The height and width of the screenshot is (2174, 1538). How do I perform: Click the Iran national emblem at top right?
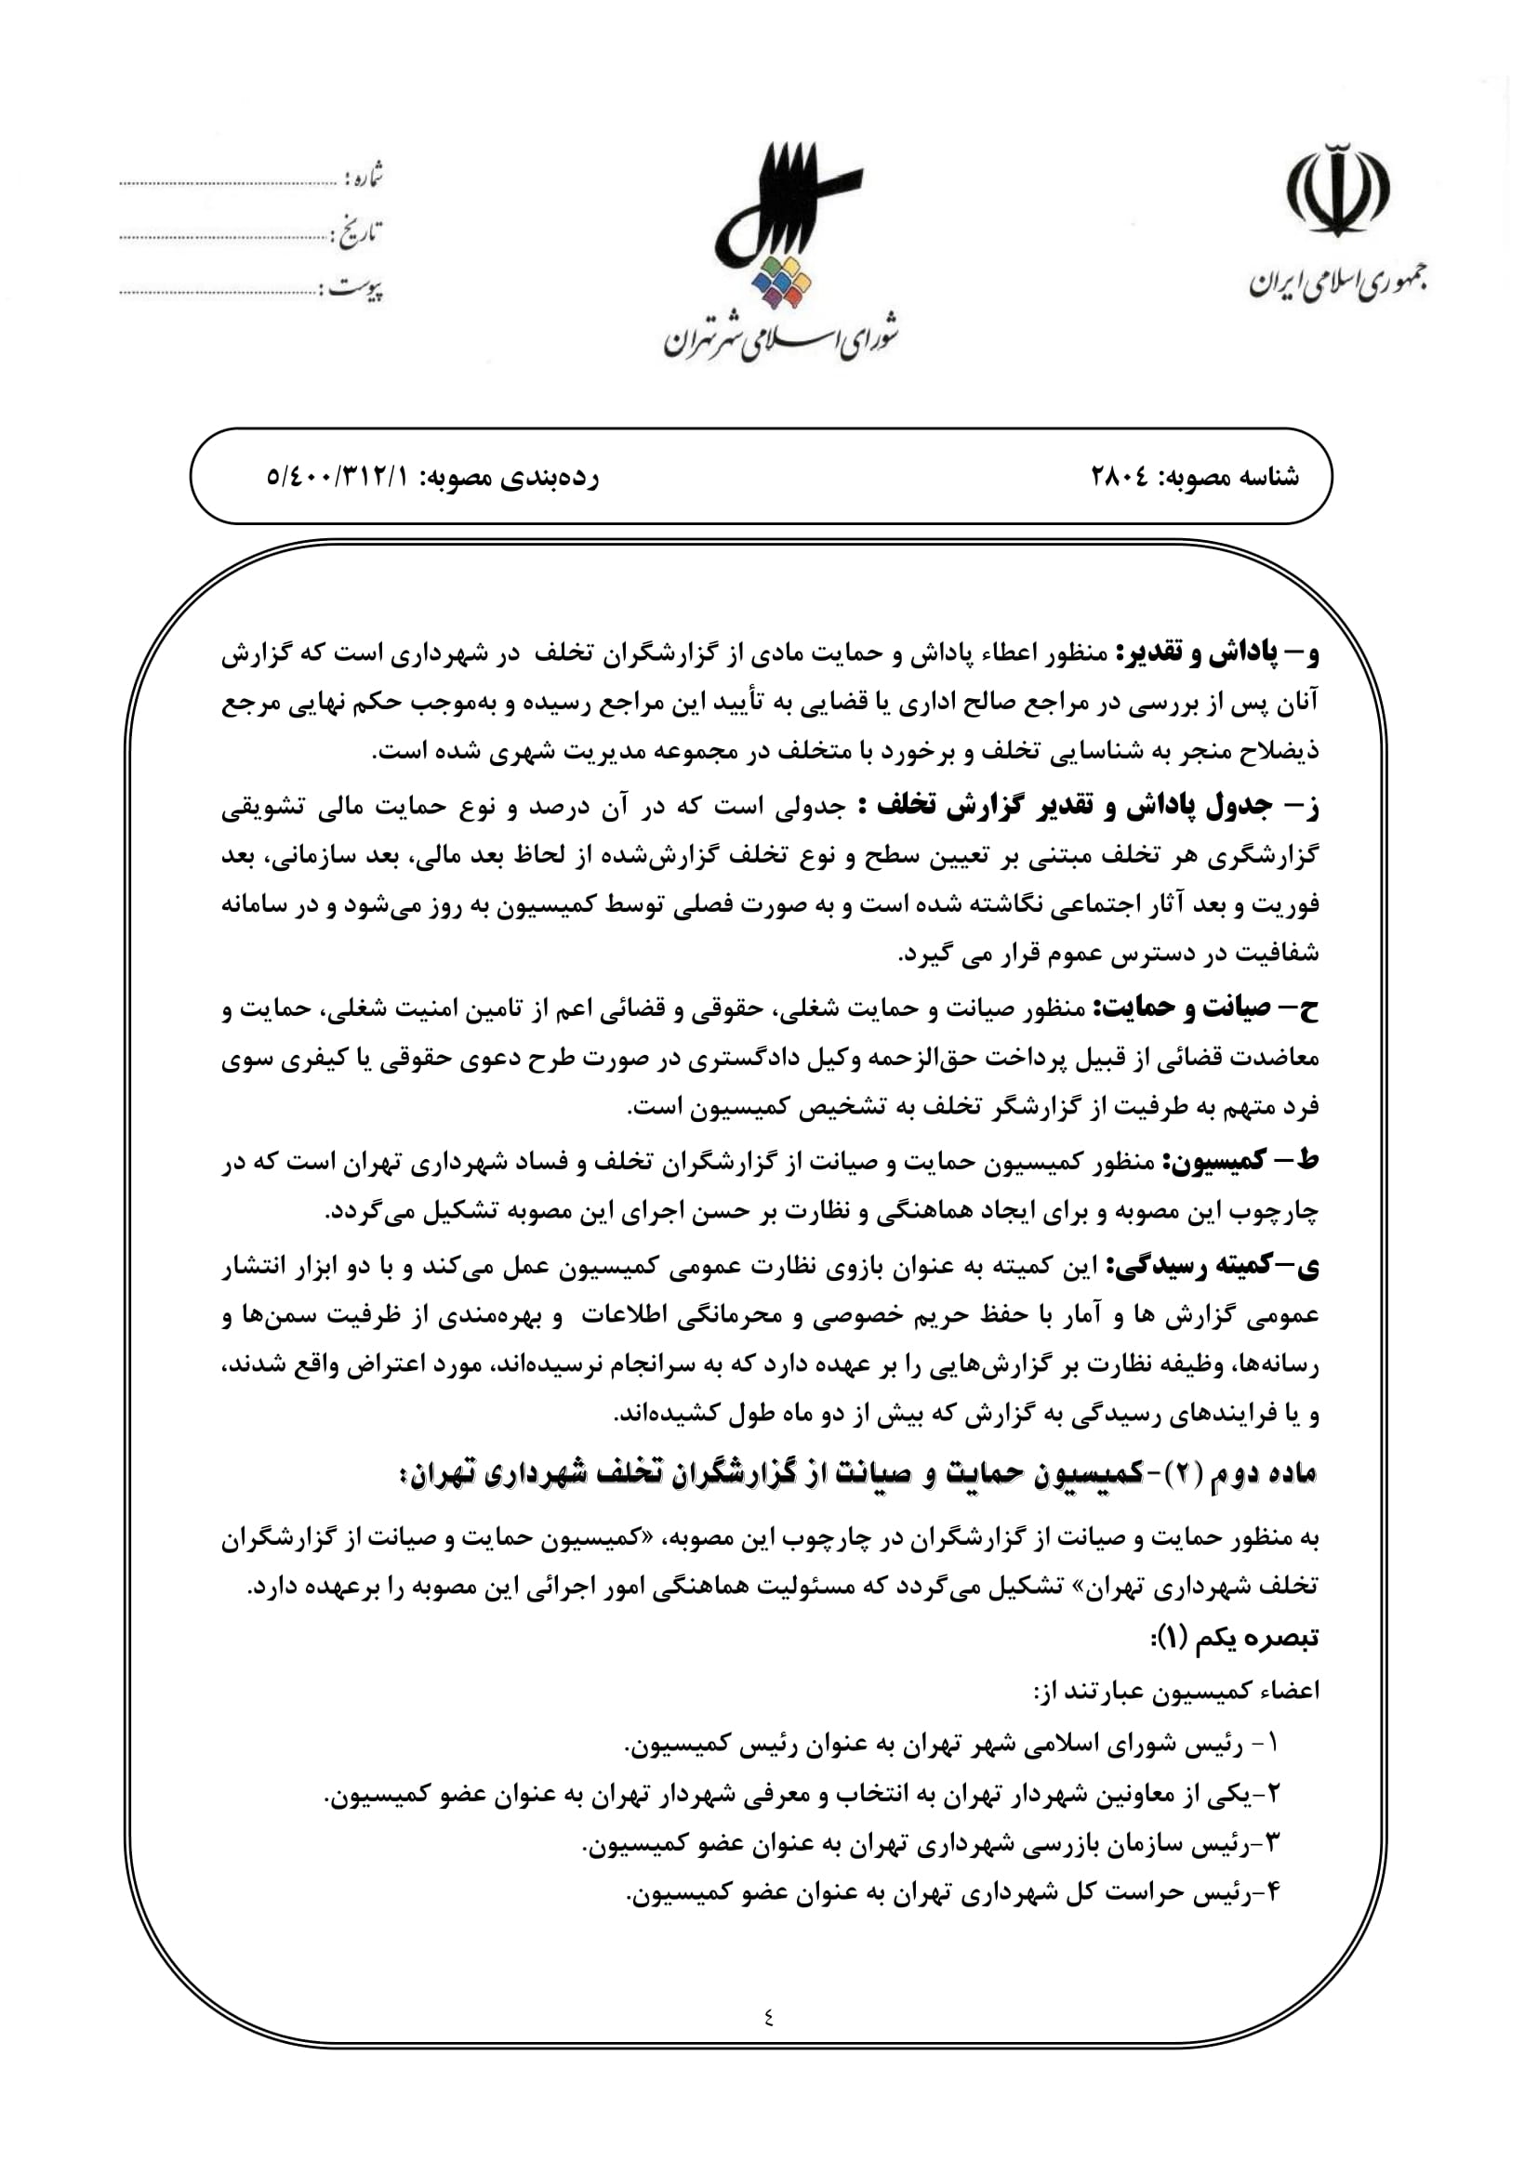1337,189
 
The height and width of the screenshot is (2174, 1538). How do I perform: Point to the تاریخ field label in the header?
360,232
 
